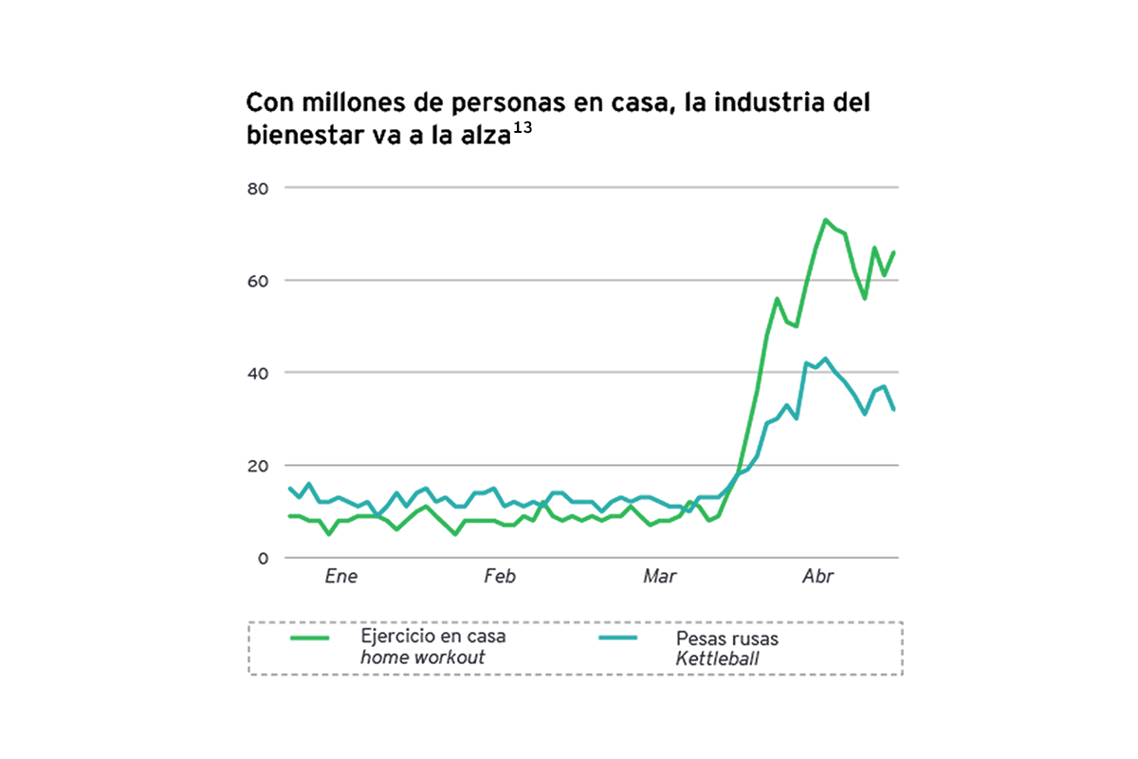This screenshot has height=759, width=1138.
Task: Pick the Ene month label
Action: pyautogui.click(x=341, y=577)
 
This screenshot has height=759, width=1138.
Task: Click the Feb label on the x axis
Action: pyautogui.click(x=500, y=577)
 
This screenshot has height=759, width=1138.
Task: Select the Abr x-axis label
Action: pyautogui.click(x=817, y=577)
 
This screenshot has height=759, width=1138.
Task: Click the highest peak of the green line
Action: pyautogui.click(x=825, y=220)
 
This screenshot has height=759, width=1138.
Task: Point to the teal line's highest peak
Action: pyautogui.click(x=825, y=359)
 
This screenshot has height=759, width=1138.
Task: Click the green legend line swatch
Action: pyautogui.click(x=309, y=639)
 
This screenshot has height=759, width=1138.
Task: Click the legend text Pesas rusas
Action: pyautogui.click(x=727, y=639)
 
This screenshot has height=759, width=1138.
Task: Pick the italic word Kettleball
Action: pyautogui.click(x=717, y=657)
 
